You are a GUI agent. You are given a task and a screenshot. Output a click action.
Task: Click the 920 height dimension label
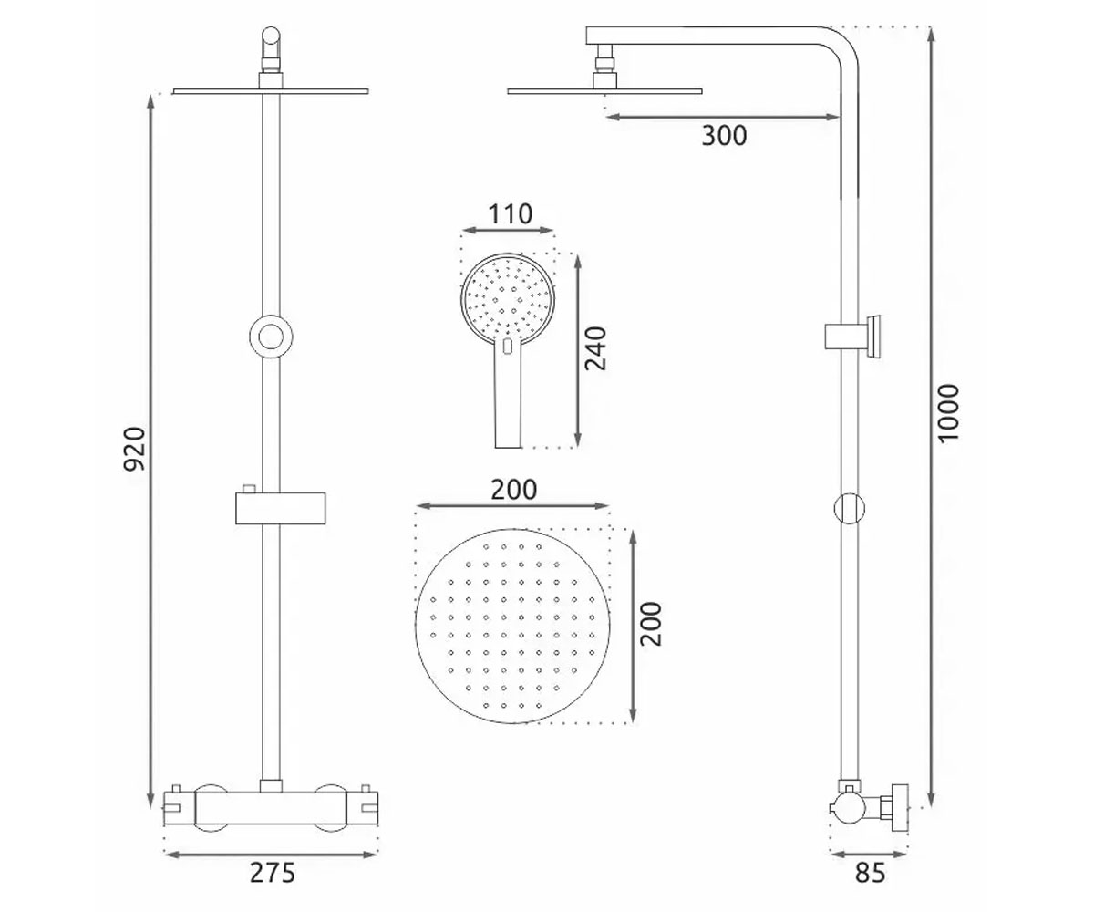tap(134, 450)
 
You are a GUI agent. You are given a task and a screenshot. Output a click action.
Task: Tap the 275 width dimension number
tap(273, 873)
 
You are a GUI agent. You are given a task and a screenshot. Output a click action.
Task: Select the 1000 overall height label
tap(948, 414)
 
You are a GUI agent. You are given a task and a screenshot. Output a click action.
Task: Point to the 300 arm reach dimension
tap(724, 135)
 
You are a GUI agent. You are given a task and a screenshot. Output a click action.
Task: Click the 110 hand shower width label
tap(511, 213)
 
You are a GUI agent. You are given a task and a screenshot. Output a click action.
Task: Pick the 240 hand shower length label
tap(595, 348)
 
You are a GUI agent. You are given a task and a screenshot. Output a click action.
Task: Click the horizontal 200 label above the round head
tap(513, 490)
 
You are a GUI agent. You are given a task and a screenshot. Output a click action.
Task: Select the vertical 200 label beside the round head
tap(651, 624)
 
